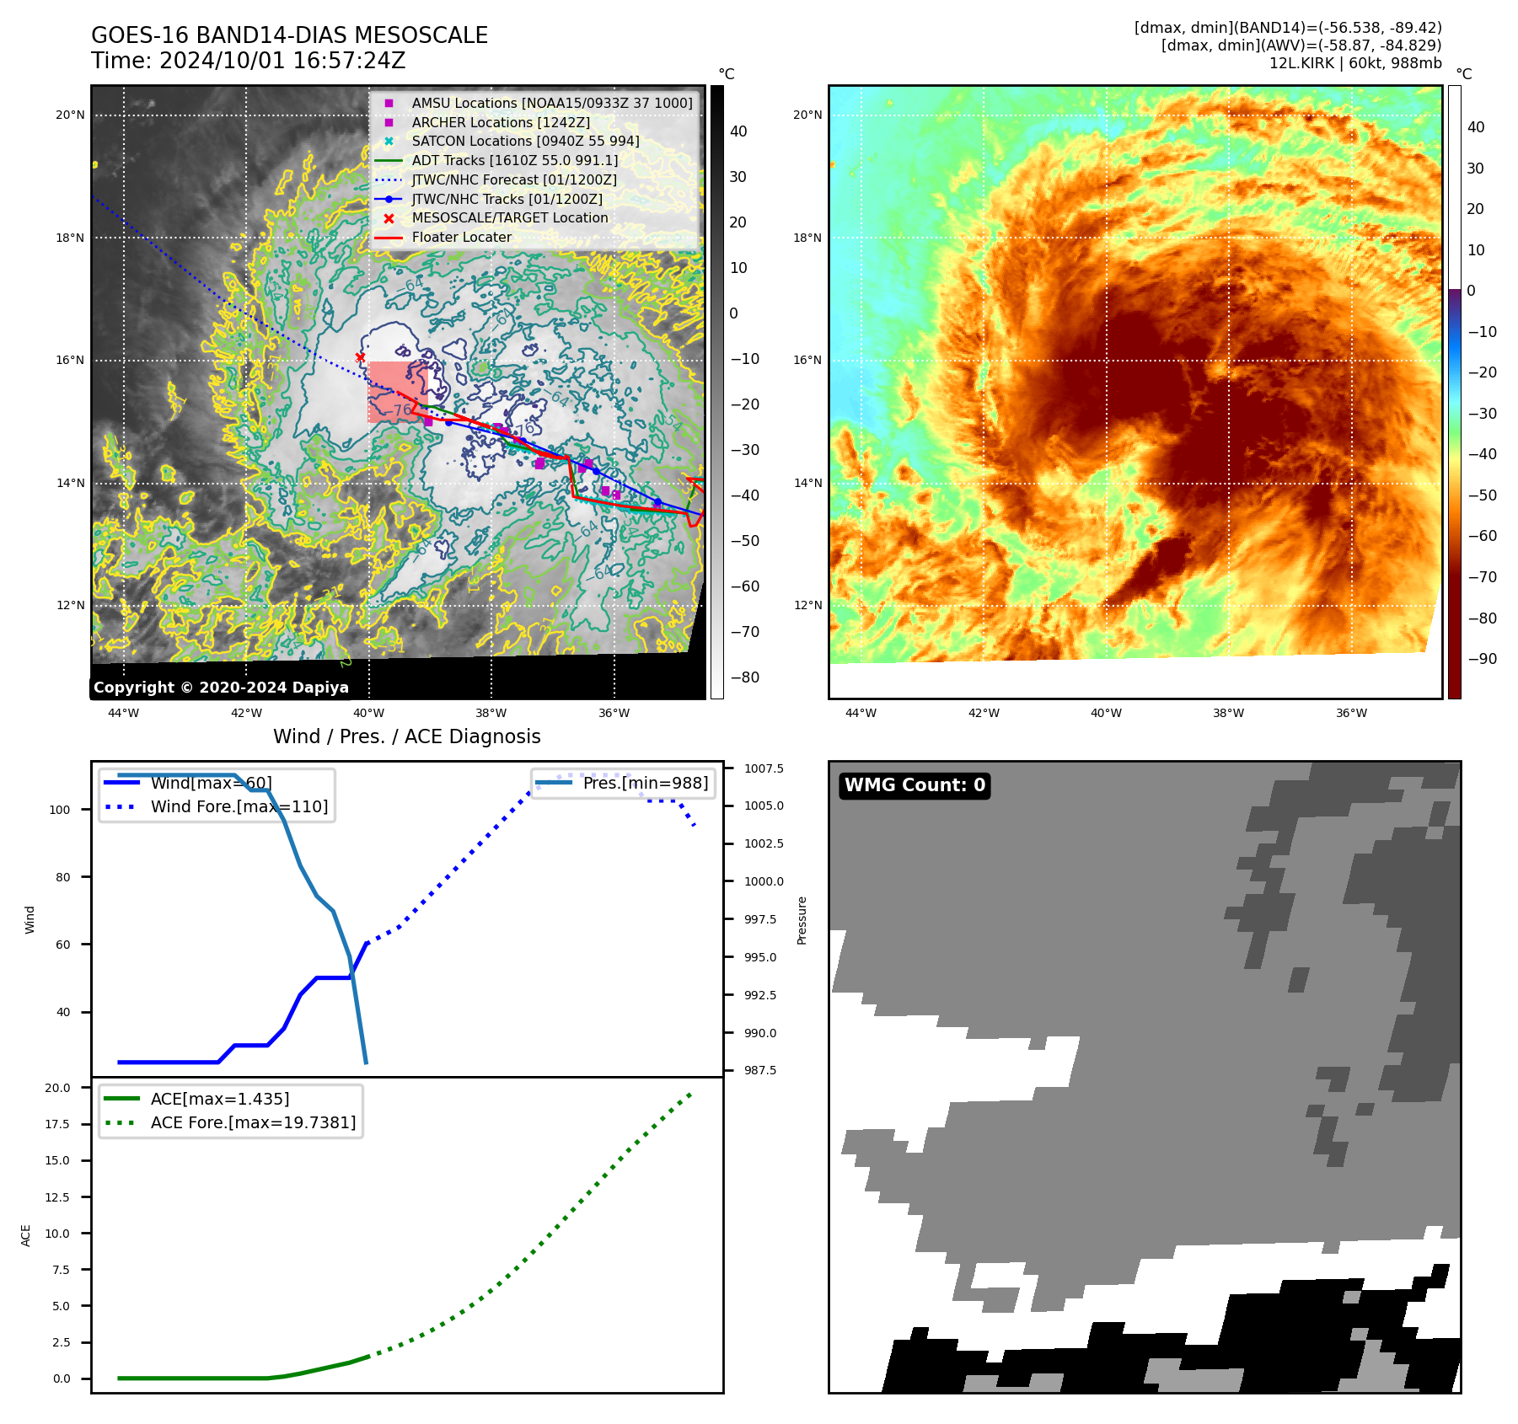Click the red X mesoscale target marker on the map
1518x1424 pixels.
pyautogui.click(x=361, y=357)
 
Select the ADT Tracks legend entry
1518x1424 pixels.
pyautogui.click(x=514, y=160)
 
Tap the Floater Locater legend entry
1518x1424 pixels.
pyautogui.click(x=461, y=238)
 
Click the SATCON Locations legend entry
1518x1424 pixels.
pyautogui.click(x=525, y=141)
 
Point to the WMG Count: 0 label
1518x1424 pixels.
pyautogui.click(x=915, y=785)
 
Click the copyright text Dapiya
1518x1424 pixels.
pyautogui.click(x=221, y=688)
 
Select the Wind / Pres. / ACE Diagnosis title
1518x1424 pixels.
pyautogui.click(x=407, y=736)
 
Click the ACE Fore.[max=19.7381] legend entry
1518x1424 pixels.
pyautogui.click(x=253, y=1122)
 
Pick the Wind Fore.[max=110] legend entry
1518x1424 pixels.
pyautogui.click(x=239, y=806)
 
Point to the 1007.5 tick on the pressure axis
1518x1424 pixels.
pyautogui.click(x=764, y=768)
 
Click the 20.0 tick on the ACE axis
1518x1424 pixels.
pyautogui.click(x=58, y=1088)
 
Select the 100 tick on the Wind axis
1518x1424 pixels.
pyautogui.click(x=60, y=810)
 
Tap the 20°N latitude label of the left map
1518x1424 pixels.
pyautogui.click(x=71, y=115)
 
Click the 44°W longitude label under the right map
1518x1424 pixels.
pyautogui.click(x=861, y=713)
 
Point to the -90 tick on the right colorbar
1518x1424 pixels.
pyautogui.click(x=1482, y=659)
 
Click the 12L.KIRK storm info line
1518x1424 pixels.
pyautogui.click(x=1354, y=63)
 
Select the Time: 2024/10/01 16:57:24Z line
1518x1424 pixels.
pyautogui.click(x=249, y=61)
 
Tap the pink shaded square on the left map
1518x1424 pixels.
pyautogui.click(x=396, y=392)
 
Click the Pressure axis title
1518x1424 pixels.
pyautogui.click(x=802, y=920)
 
